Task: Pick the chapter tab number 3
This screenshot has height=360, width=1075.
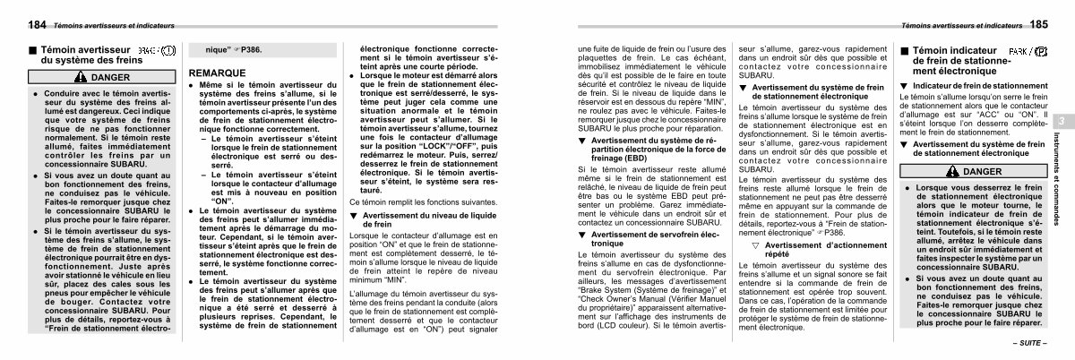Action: pos(1060,122)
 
